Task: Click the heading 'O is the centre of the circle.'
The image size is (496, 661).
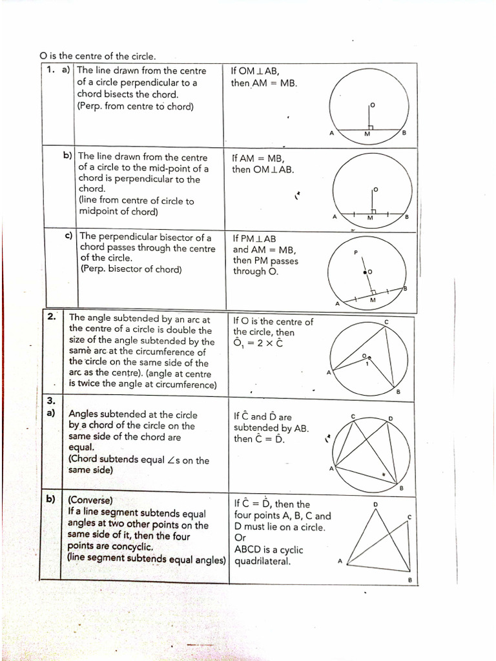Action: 98,57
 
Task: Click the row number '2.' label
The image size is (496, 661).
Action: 52,317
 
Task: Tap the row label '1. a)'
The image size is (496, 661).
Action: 58,70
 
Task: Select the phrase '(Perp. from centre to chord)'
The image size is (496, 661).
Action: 135,106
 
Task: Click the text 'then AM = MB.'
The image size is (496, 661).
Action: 264,83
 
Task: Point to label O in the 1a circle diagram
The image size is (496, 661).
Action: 372,104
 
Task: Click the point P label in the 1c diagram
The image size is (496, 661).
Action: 355,252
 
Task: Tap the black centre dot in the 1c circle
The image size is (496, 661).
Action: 365,272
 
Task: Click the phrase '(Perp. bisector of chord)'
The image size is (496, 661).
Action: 131,269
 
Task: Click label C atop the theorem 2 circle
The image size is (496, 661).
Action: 386,321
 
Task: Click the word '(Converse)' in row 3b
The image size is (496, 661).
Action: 90,500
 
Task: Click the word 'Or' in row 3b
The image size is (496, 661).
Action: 240,538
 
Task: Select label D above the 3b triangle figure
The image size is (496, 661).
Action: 375,503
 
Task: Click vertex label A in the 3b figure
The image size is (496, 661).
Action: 340,561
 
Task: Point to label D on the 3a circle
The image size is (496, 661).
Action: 390,419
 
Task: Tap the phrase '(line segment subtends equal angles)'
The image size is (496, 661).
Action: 147,558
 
